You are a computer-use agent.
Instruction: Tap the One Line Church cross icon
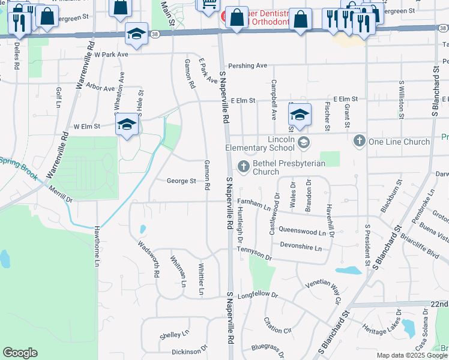click(359, 141)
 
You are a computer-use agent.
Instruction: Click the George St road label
click(181, 181)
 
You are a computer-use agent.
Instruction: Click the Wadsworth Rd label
click(148, 259)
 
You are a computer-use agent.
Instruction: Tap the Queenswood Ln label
click(302, 230)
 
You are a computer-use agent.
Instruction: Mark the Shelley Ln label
click(174, 332)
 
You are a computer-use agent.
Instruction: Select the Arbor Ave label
click(100, 88)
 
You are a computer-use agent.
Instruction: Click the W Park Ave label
click(111, 54)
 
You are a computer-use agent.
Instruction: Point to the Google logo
click(20, 353)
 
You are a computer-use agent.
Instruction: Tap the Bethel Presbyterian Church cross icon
click(244, 166)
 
